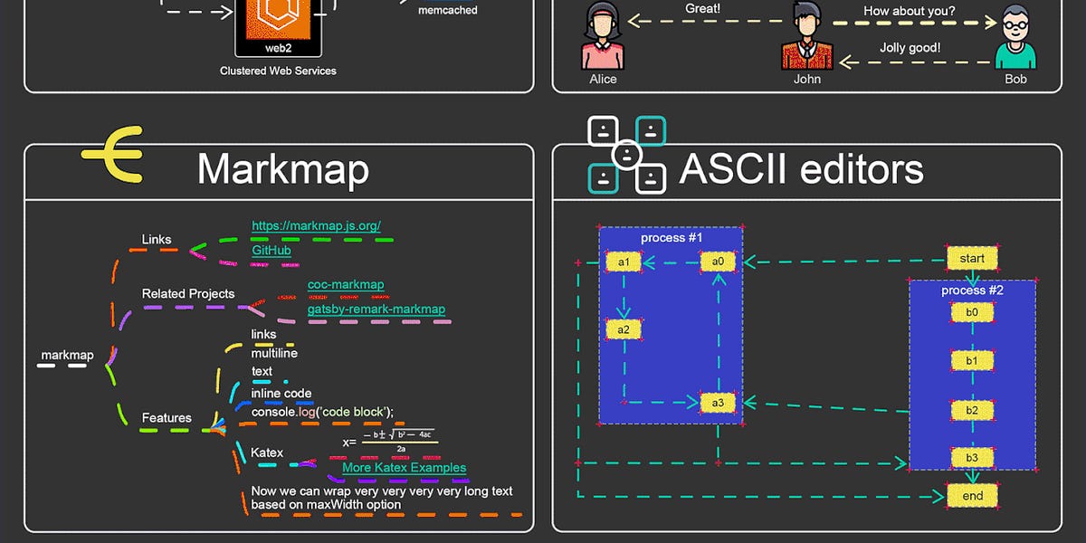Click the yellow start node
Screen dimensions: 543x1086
tap(972, 259)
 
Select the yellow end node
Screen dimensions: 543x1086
tap(972, 496)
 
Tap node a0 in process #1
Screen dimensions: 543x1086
tap(718, 262)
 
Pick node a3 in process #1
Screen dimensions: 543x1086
tap(718, 403)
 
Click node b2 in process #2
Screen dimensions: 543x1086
tap(972, 410)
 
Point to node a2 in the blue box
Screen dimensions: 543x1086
tap(624, 329)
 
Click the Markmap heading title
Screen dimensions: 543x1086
tap(282, 169)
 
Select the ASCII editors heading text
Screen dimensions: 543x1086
tap(801, 169)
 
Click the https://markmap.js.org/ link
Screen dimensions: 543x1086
tap(316, 225)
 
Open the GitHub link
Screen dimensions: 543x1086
tap(271, 249)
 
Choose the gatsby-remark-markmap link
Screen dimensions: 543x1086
tap(376, 309)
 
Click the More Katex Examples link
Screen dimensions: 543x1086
tap(404, 468)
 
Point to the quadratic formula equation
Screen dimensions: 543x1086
tap(389, 441)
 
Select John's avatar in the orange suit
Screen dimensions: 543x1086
tap(806, 36)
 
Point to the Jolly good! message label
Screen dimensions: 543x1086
tap(910, 48)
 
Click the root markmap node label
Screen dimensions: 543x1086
tap(67, 355)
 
